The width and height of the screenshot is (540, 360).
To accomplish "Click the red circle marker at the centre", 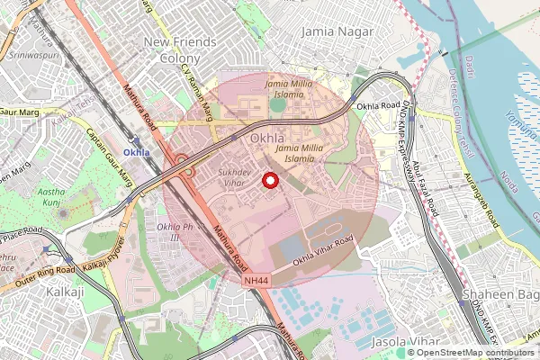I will (x=268, y=180).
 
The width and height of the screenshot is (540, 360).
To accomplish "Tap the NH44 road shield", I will (x=256, y=282).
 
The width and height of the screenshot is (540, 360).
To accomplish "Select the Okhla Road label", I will (x=377, y=106).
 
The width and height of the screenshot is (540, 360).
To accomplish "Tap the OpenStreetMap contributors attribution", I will (x=475, y=352).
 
